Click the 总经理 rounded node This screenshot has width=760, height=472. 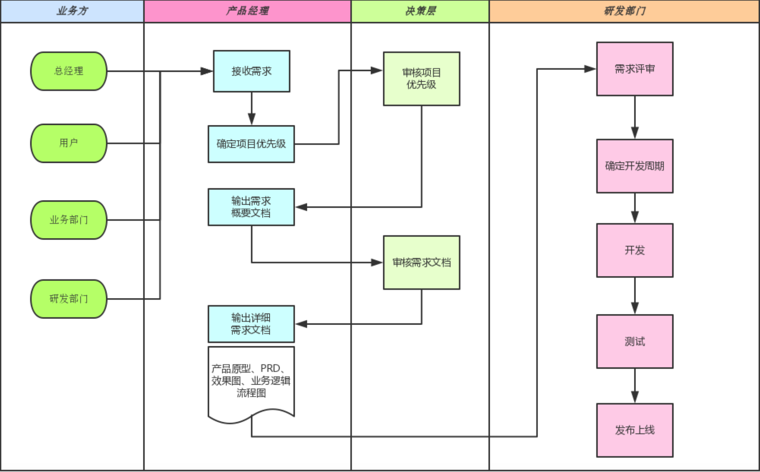[x=69, y=71]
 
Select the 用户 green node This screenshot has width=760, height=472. [x=69, y=143]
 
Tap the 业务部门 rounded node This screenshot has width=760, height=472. [x=69, y=220]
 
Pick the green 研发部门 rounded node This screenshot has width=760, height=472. [x=69, y=298]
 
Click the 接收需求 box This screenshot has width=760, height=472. [x=251, y=71]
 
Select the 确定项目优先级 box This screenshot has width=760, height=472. [x=251, y=144]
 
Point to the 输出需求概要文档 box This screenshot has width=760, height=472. [x=251, y=207]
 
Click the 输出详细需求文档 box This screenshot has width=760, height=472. [x=251, y=324]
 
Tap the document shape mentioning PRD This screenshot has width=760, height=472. [x=251, y=381]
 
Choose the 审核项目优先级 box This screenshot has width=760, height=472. [x=421, y=78]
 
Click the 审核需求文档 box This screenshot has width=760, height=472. [x=421, y=262]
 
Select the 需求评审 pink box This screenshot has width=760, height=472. [x=634, y=69]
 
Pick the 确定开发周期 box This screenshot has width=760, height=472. [x=634, y=166]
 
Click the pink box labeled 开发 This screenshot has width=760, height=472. [x=634, y=250]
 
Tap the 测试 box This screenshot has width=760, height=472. [x=634, y=341]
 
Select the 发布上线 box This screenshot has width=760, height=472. [x=634, y=430]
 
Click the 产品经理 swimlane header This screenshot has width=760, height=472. [x=247, y=11]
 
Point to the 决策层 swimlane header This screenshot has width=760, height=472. [x=420, y=11]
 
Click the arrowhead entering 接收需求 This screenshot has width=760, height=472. [x=207, y=71]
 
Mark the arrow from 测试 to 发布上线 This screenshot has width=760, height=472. [x=635, y=386]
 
